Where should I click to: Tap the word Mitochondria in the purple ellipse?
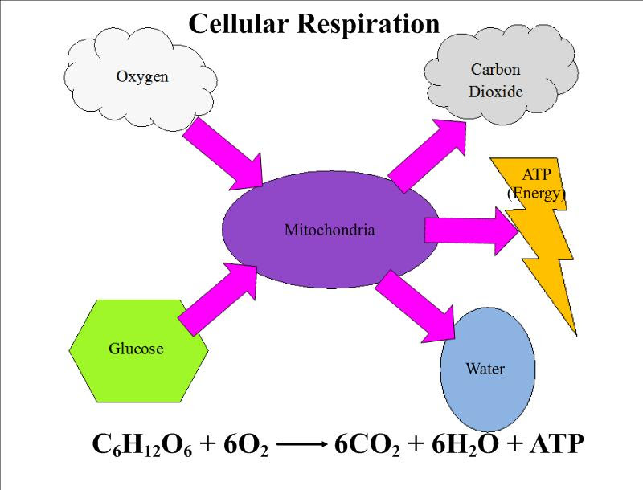tap(330, 231)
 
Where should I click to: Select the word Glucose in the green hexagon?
tap(136, 349)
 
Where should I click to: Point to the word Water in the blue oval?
tap(485, 369)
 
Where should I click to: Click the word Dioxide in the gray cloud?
tap(495, 92)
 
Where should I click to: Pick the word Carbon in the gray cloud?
tap(495, 70)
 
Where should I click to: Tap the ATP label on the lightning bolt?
tap(537, 174)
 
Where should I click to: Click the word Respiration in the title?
tap(369, 23)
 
